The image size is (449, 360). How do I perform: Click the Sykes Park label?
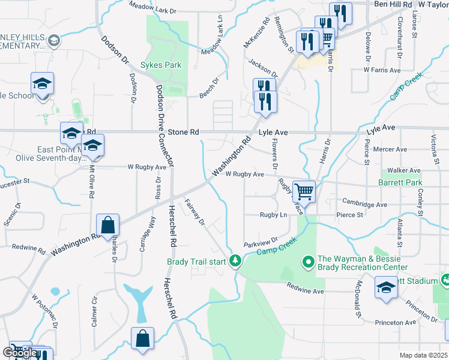click(160, 64)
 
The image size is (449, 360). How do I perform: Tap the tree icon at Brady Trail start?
click(237, 260)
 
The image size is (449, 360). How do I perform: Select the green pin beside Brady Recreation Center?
click(309, 262)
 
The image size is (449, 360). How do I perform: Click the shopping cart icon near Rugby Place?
click(304, 192)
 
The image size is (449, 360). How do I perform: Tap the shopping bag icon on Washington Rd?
click(107, 226)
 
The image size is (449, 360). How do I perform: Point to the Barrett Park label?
click(400, 182)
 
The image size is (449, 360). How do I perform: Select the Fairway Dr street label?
click(195, 212)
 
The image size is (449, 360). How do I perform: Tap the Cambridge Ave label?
click(365, 203)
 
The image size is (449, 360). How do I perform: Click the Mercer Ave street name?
click(390, 149)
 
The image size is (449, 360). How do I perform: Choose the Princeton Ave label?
click(396, 322)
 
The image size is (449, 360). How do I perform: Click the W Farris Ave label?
click(382, 70)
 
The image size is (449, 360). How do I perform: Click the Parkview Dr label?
click(261, 244)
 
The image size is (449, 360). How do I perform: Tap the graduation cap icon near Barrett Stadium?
click(386, 287)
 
